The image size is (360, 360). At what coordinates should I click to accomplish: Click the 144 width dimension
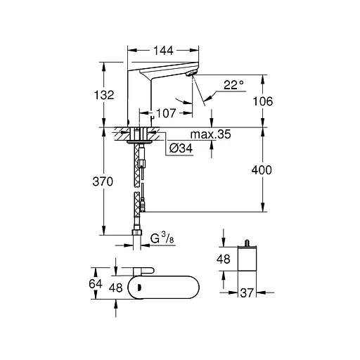point(163,51)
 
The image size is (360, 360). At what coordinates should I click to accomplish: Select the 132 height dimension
point(104,95)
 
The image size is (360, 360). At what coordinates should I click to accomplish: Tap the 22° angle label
point(233,85)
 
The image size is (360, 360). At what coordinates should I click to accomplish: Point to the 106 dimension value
point(263,101)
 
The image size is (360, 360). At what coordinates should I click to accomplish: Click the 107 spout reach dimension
point(166,113)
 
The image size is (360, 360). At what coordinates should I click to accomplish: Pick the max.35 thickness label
point(210,134)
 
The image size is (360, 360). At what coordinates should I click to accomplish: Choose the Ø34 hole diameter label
point(181,148)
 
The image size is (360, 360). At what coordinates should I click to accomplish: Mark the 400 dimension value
point(262,170)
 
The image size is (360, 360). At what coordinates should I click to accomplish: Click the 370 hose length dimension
point(103,181)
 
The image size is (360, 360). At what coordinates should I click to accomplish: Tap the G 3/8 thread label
point(162,238)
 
